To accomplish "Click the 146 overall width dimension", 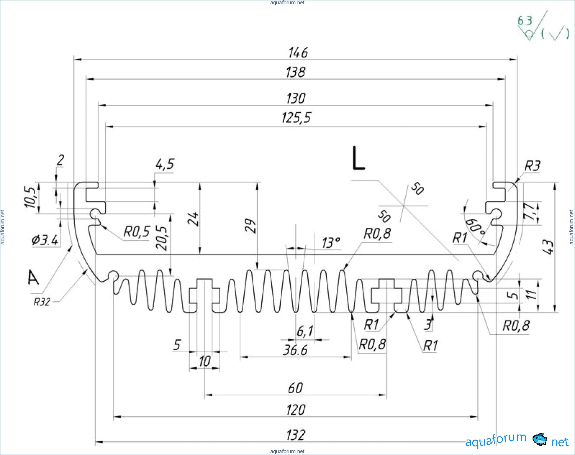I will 298,53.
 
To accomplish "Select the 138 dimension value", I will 295,72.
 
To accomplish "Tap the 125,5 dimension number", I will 296,118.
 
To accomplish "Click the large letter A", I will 33,278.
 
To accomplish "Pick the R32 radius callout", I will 42,302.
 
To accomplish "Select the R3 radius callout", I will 532,166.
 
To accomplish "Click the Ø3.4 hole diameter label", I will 45,240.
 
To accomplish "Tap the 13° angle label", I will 331,243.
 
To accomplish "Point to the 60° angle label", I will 475,227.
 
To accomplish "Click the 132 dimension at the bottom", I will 295,435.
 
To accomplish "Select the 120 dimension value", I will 295,410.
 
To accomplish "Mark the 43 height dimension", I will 548,247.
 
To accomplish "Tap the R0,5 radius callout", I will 137,232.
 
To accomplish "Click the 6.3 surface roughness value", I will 525,21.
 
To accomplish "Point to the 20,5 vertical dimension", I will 162,238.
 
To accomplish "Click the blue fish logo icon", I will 540,440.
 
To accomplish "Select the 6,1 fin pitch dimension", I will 305,331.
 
